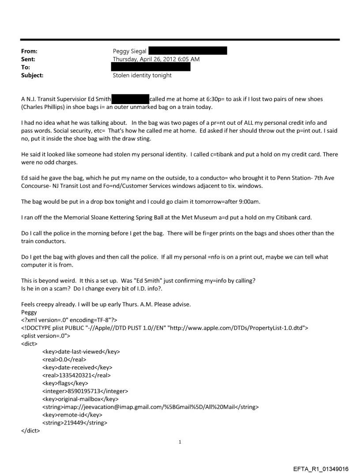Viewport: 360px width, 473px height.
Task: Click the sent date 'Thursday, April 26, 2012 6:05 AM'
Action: point(156,59)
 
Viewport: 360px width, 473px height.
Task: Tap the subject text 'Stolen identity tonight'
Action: point(142,75)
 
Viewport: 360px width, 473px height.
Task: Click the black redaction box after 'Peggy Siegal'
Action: point(187,51)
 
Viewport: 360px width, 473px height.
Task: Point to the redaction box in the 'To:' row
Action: point(150,67)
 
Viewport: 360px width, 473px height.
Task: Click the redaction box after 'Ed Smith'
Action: point(130,99)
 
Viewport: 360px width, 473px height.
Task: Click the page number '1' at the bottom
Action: point(180,441)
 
